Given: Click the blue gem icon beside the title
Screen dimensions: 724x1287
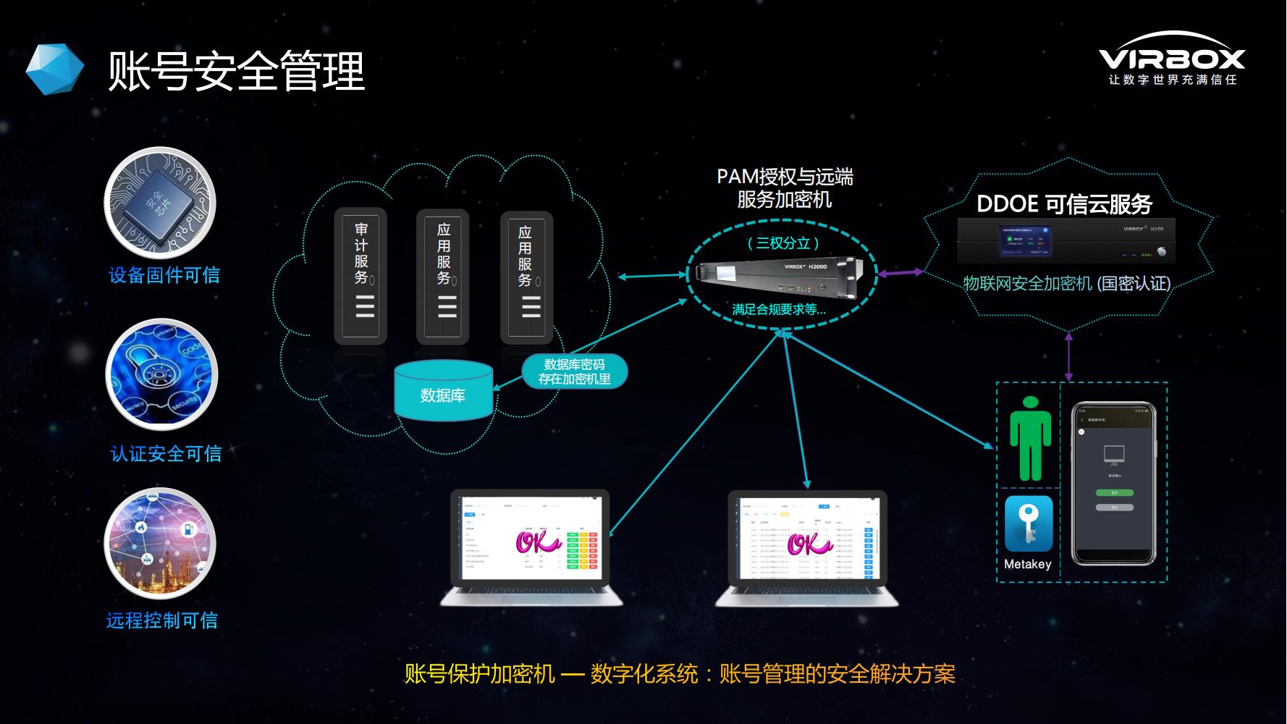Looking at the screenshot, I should [x=55, y=70].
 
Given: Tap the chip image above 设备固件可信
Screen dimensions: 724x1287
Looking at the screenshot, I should [x=161, y=203].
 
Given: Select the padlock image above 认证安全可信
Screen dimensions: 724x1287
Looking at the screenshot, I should [x=161, y=375].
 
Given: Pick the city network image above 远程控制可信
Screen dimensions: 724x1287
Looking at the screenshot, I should [x=161, y=543].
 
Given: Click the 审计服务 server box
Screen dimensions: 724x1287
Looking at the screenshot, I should [x=361, y=275].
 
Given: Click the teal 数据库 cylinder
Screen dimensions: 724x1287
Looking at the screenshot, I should [x=443, y=391].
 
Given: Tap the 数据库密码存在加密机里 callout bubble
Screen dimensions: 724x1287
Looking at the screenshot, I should [x=574, y=371].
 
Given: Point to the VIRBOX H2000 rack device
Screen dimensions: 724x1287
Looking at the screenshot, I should [x=781, y=277].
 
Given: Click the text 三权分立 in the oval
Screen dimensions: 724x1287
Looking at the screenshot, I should [x=782, y=243].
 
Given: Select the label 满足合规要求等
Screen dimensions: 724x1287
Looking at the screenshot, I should [x=779, y=310].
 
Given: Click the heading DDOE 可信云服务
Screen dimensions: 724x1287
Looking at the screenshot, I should [x=1064, y=204].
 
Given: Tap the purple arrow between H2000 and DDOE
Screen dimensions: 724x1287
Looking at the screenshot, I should [x=900, y=273].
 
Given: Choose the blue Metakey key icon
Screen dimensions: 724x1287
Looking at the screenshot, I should [x=1029, y=523].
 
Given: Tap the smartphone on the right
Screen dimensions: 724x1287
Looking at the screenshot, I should [x=1113, y=484].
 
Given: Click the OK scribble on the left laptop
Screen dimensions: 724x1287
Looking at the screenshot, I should [x=536, y=542].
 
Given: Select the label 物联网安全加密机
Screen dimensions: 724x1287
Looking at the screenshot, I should [x=1027, y=284].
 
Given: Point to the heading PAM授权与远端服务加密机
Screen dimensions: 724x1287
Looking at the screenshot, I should [x=785, y=188].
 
